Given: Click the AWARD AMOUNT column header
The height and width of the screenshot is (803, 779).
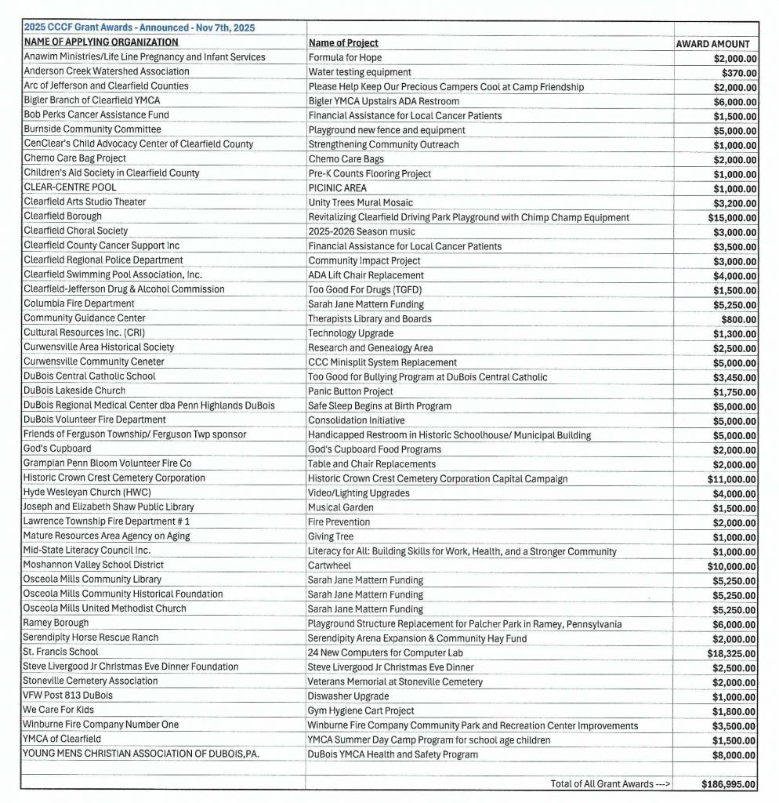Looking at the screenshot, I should coord(712,44).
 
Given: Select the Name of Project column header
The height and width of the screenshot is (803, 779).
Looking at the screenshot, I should coord(343,43).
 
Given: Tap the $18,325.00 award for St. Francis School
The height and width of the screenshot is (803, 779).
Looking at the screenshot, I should coord(729,652).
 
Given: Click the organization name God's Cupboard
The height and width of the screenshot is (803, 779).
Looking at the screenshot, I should coord(57,449).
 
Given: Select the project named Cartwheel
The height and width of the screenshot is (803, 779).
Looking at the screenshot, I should coord(329,565).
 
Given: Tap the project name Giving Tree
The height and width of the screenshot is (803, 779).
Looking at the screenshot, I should coord(331,536).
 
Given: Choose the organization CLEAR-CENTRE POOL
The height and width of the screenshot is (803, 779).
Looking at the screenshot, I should coord(70,187).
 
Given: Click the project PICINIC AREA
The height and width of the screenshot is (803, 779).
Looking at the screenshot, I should coord(337,188).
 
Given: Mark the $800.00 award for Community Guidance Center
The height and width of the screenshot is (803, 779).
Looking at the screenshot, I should coord(738,319).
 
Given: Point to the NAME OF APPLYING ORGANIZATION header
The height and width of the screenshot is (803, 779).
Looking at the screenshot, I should coord(101,42).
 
